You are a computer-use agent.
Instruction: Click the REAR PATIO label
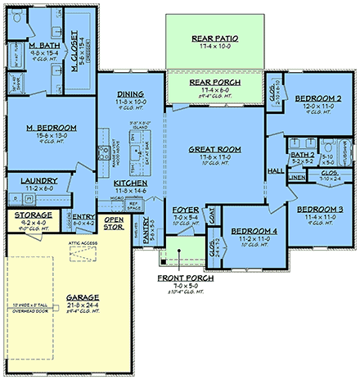pos(215,38)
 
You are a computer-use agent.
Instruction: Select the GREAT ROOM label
pos(215,149)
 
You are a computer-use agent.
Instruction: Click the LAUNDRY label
pos(39,180)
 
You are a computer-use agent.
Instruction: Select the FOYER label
pos(187,210)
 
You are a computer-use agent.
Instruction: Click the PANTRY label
pos(151,234)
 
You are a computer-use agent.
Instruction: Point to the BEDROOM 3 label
pos(314,209)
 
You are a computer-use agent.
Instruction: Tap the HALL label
pos(275,170)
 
